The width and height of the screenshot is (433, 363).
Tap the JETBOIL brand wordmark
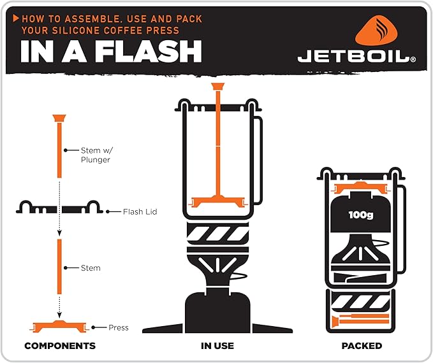(x=356, y=58)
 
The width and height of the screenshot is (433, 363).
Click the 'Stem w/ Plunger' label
(x=95, y=155)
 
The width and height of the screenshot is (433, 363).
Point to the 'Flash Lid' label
(x=140, y=211)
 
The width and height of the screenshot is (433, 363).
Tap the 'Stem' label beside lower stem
(x=91, y=268)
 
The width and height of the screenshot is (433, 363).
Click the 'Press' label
(x=118, y=327)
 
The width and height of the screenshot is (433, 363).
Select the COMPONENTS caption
(x=60, y=346)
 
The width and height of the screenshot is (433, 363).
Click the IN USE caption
(x=217, y=346)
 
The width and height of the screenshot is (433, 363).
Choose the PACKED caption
(x=362, y=346)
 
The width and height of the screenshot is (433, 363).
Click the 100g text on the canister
(x=361, y=215)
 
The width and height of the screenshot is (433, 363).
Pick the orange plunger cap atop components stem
(x=59, y=118)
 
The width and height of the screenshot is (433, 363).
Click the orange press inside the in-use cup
(x=218, y=201)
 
